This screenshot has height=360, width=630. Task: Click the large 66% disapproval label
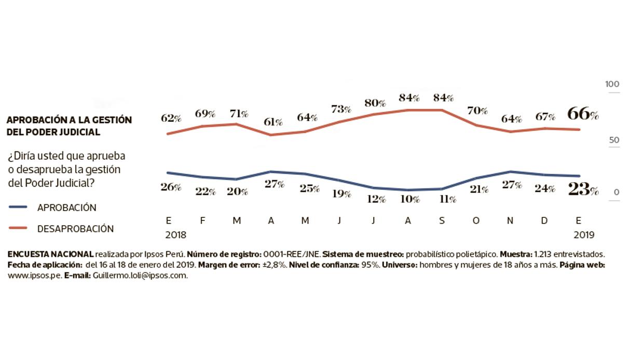tap(583, 113)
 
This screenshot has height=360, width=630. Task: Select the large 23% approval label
tap(583, 189)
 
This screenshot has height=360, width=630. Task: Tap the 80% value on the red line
tap(375, 103)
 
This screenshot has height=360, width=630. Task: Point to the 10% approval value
tap(411, 199)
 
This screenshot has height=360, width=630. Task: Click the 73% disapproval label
tap(341, 109)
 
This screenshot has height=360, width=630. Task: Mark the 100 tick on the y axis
tap(613, 85)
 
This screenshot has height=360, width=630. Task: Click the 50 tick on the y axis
tap(614, 140)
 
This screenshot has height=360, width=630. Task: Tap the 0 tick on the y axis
tap(617, 192)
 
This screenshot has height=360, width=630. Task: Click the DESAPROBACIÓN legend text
tap(75, 228)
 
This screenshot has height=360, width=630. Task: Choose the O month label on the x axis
tap(477, 220)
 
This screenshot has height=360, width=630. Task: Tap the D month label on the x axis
tap(545, 220)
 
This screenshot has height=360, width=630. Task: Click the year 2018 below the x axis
tap(175, 234)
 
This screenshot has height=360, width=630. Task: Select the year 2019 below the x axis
tap(584, 234)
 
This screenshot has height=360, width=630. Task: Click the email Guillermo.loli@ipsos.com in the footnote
tap(140, 275)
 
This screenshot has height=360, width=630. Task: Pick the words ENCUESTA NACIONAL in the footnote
tap(50, 254)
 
